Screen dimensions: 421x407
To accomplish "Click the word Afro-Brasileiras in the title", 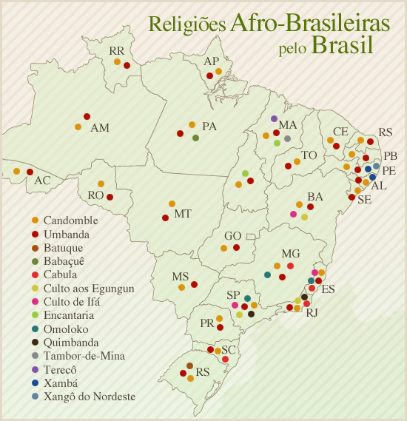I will (x=309, y=23).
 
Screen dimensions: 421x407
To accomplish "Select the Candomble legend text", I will (x=70, y=220).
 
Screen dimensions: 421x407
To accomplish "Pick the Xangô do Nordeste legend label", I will (x=89, y=397).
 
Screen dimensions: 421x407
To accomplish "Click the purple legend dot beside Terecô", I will (x=35, y=370).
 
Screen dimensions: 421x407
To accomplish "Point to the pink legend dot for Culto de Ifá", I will (x=35, y=302).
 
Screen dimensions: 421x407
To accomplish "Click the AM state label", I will (x=100, y=128).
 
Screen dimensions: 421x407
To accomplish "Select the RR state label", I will (x=116, y=51).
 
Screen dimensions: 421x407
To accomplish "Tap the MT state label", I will (x=183, y=215).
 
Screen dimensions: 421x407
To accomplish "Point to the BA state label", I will (x=315, y=197).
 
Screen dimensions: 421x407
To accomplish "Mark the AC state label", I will (x=42, y=181).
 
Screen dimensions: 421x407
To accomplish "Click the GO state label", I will (x=232, y=236).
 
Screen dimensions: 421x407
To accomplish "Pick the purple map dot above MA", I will (x=274, y=118).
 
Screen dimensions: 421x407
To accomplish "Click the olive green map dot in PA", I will (x=195, y=138).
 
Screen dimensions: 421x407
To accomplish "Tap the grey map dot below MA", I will (x=287, y=138).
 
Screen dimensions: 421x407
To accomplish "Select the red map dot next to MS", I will (x=194, y=284).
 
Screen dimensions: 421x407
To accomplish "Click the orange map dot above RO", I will (x=101, y=183).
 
